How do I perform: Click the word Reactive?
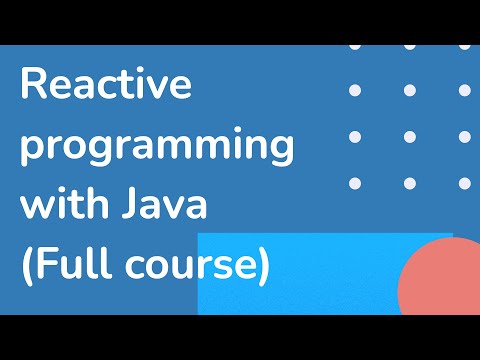(x=105, y=87)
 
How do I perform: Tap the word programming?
(x=157, y=148)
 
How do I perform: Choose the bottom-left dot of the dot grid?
(x=354, y=183)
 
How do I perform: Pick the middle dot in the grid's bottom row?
(x=409, y=183)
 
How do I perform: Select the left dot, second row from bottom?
(x=354, y=136)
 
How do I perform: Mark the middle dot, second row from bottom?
(x=409, y=136)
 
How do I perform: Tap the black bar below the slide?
(x=240, y=337)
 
